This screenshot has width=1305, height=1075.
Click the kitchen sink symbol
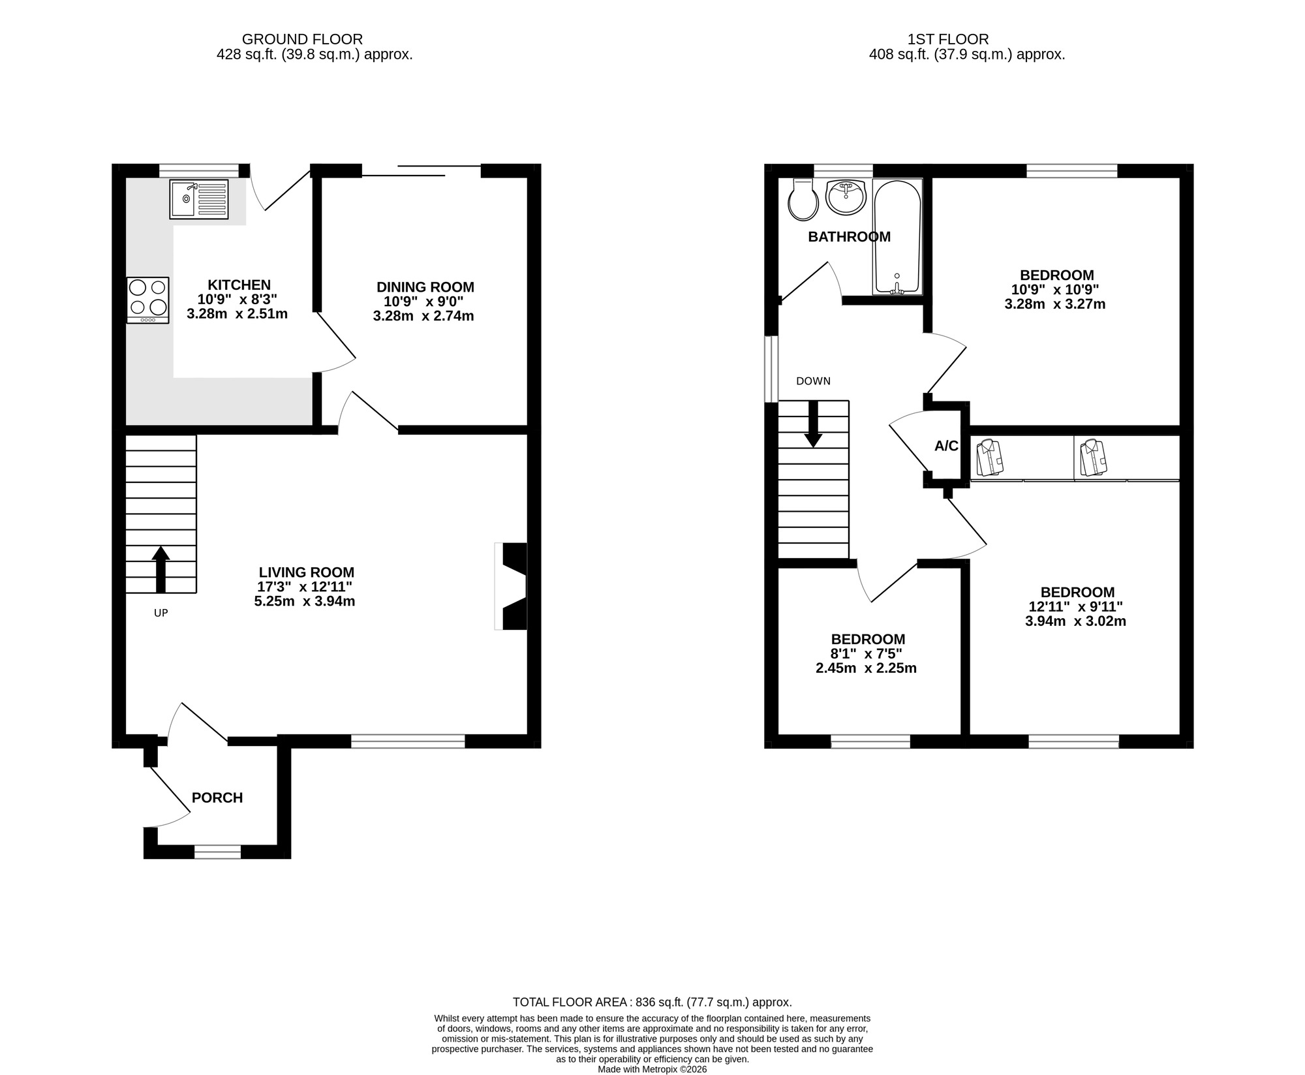(x=199, y=199)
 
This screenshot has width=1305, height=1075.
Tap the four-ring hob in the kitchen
(x=148, y=299)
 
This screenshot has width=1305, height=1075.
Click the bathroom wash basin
(x=846, y=197)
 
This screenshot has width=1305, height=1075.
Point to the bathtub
(x=897, y=236)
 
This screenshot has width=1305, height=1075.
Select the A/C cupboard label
(x=946, y=446)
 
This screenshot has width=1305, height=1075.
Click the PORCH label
(x=217, y=798)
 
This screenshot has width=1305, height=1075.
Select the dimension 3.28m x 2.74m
(x=423, y=317)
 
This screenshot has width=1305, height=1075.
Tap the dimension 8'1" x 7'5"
(x=867, y=654)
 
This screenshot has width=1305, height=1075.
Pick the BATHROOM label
(x=849, y=237)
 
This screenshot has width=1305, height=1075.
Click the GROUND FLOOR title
(x=302, y=40)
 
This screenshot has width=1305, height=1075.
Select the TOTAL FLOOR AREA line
(x=652, y=1002)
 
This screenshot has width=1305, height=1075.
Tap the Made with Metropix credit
(x=652, y=1069)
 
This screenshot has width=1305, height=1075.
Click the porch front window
(x=217, y=852)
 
